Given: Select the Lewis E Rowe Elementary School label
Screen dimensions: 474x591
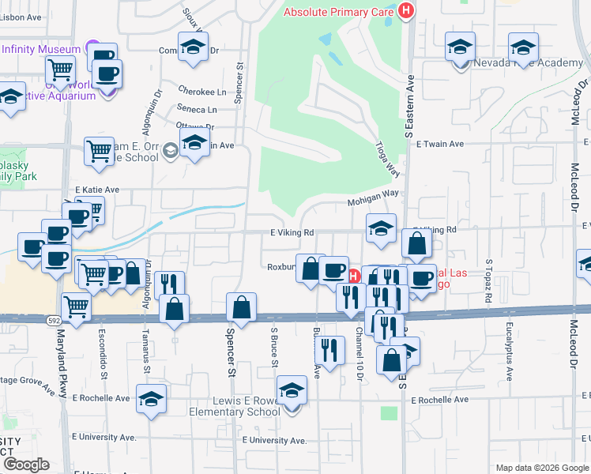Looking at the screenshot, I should pos(235,406).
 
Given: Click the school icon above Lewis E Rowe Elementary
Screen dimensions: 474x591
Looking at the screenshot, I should pos(292,391).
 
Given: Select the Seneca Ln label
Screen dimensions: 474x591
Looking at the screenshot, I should pos(201,110).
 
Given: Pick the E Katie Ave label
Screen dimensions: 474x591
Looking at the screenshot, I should pos(97,190).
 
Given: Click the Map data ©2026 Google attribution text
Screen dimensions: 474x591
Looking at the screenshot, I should pos(541,468).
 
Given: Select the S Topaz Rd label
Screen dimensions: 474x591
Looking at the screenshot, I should pos(489,280).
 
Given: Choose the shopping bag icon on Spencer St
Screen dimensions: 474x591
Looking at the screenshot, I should pos(241,307).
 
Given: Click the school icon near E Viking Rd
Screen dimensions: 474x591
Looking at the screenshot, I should pos(381,228).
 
